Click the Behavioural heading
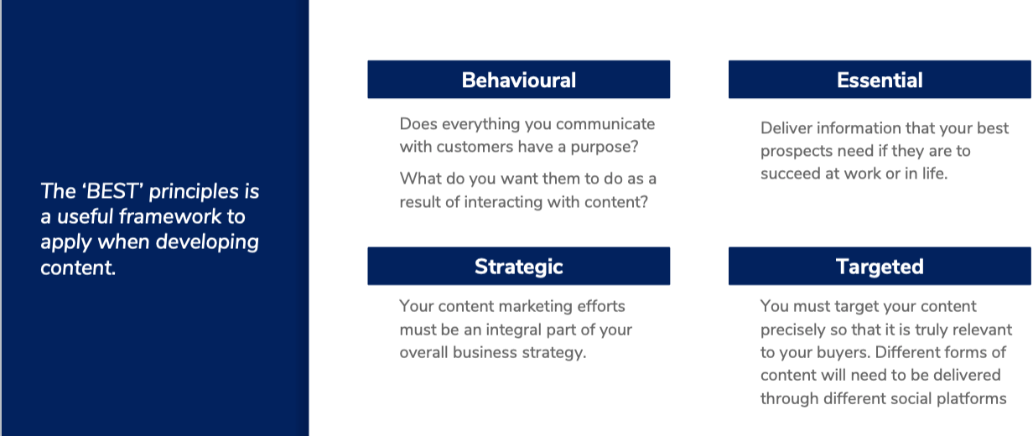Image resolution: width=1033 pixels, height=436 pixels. pyautogui.click(x=518, y=80)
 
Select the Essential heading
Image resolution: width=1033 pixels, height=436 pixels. pyautogui.click(x=880, y=80)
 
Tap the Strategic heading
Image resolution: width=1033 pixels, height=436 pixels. pyautogui.click(x=518, y=267)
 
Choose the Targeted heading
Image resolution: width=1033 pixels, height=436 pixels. pyautogui.click(x=880, y=267)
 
